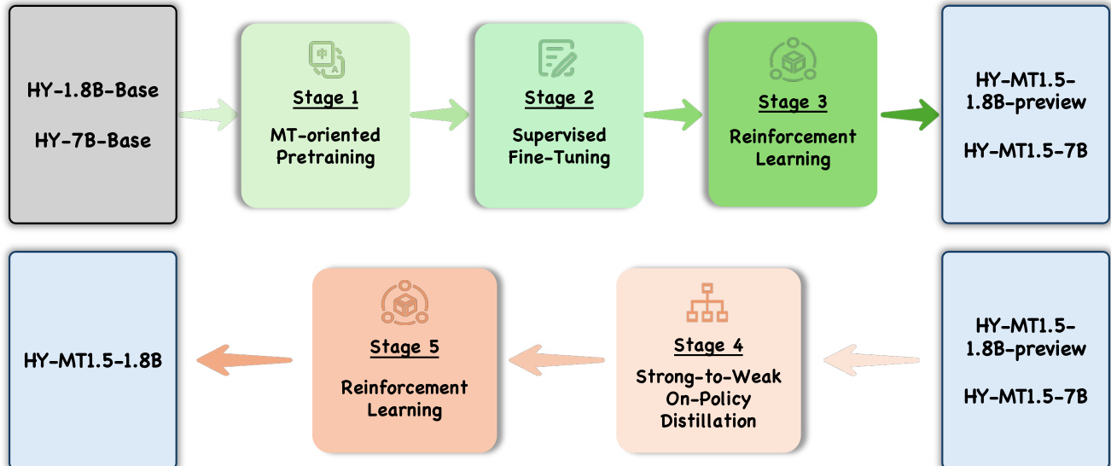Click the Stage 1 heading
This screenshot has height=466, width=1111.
pos(325,98)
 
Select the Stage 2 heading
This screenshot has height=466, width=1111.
pos(559,98)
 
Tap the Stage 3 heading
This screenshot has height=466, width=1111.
pos(793,103)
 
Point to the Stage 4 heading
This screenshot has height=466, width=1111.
pos(708,346)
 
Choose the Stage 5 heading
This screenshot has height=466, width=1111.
pos(404,347)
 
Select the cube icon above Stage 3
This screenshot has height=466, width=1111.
pos(793,58)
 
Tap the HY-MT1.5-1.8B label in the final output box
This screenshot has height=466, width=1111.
pos(92,361)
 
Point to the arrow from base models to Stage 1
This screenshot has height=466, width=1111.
pos(209,114)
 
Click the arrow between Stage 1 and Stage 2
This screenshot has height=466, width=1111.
pos(440,114)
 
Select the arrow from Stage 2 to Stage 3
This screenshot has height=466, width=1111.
pos(673,114)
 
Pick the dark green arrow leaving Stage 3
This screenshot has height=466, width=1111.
pos(908,114)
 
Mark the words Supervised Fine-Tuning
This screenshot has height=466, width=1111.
pos(559,146)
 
